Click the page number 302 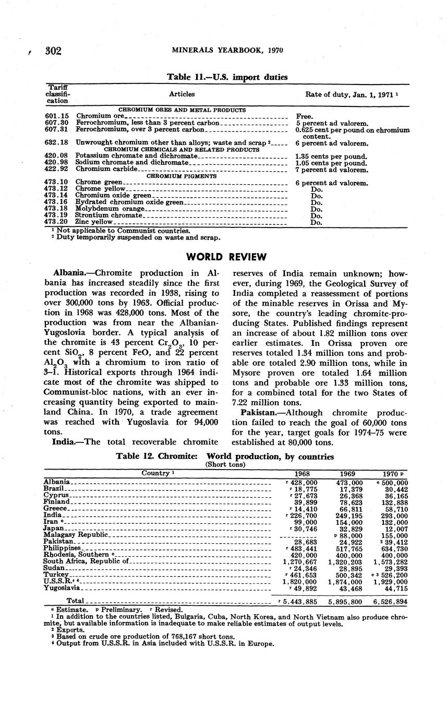pyautogui.click(x=54, y=51)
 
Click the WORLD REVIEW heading pyautogui.click(x=226, y=257)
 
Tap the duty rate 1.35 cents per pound pyautogui.click(x=331, y=156)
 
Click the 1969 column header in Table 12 pyautogui.click(x=347, y=474)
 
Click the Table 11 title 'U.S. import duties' pyautogui.click(x=227, y=77)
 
